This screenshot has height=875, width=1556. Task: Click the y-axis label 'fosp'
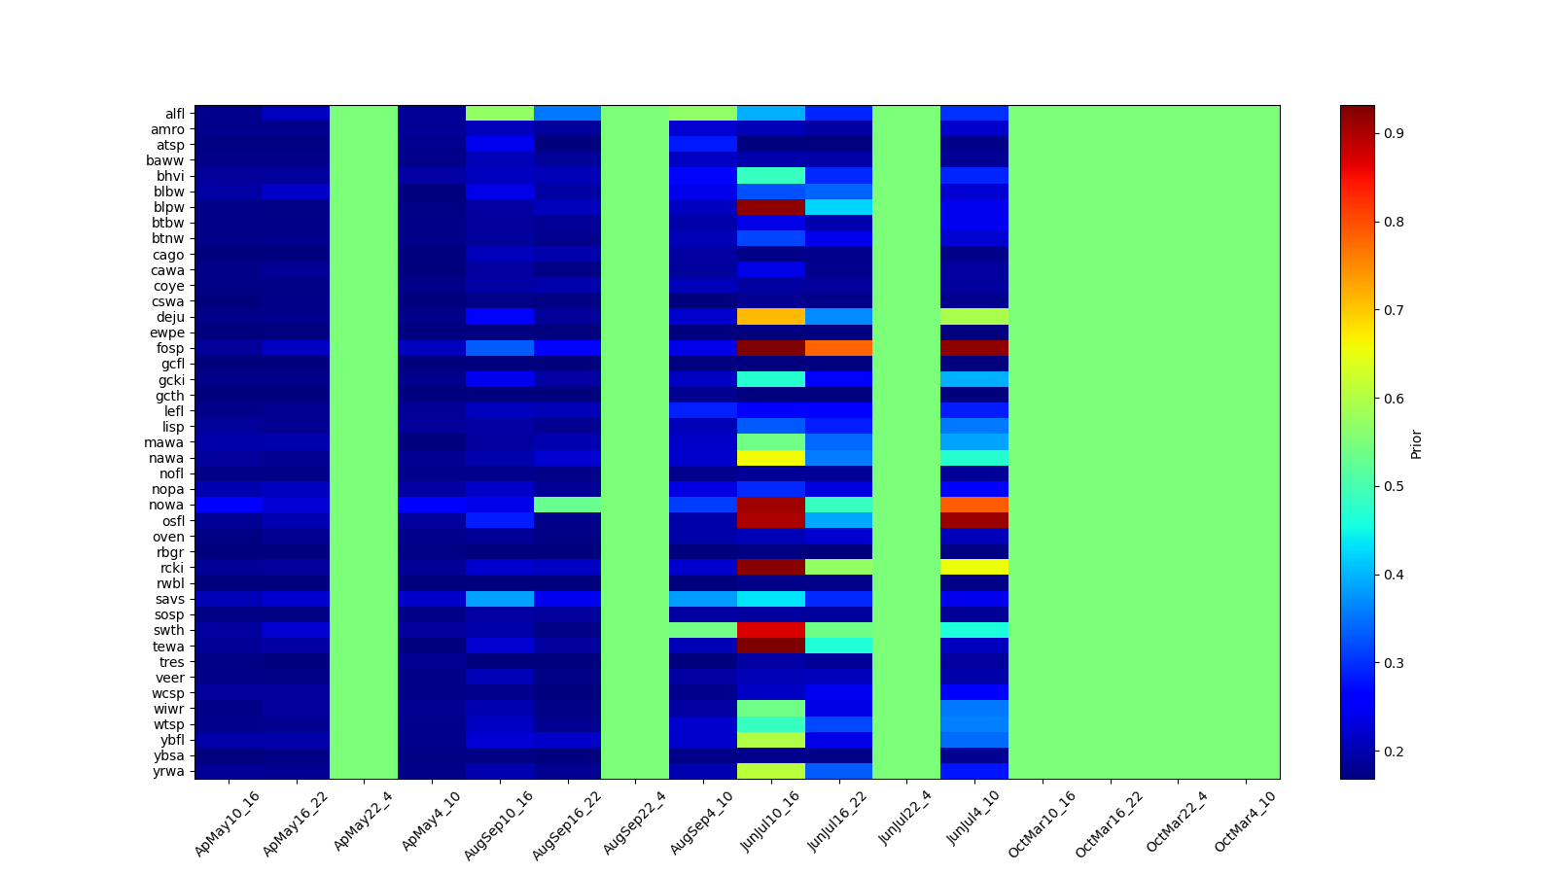pyautogui.click(x=173, y=348)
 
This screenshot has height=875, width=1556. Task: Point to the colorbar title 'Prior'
pyautogui.click(x=1416, y=442)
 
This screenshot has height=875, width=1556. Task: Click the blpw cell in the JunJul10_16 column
pyautogui.click(x=771, y=207)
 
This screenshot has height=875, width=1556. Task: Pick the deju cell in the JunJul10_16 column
pyautogui.click(x=771, y=317)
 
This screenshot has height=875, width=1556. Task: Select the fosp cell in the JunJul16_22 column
pyautogui.click(x=838, y=348)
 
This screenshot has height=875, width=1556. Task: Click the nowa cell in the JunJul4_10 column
pyautogui.click(x=974, y=505)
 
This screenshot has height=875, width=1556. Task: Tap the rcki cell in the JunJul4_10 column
pyautogui.click(x=974, y=568)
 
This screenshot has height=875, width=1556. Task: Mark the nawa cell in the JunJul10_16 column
pyautogui.click(x=771, y=458)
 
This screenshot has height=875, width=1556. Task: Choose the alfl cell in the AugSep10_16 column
pyautogui.click(x=500, y=114)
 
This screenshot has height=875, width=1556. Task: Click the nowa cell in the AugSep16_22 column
pyautogui.click(x=567, y=505)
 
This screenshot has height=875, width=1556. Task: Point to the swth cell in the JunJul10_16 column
pyautogui.click(x=771, y=630)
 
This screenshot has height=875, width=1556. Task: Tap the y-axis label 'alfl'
pyautogui.click(x=175, y=114)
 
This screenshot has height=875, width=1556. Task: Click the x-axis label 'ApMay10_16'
pyautogui.click(x=228, y=822)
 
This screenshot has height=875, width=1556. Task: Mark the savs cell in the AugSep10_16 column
pyautogui.click(x=500, y=599)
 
